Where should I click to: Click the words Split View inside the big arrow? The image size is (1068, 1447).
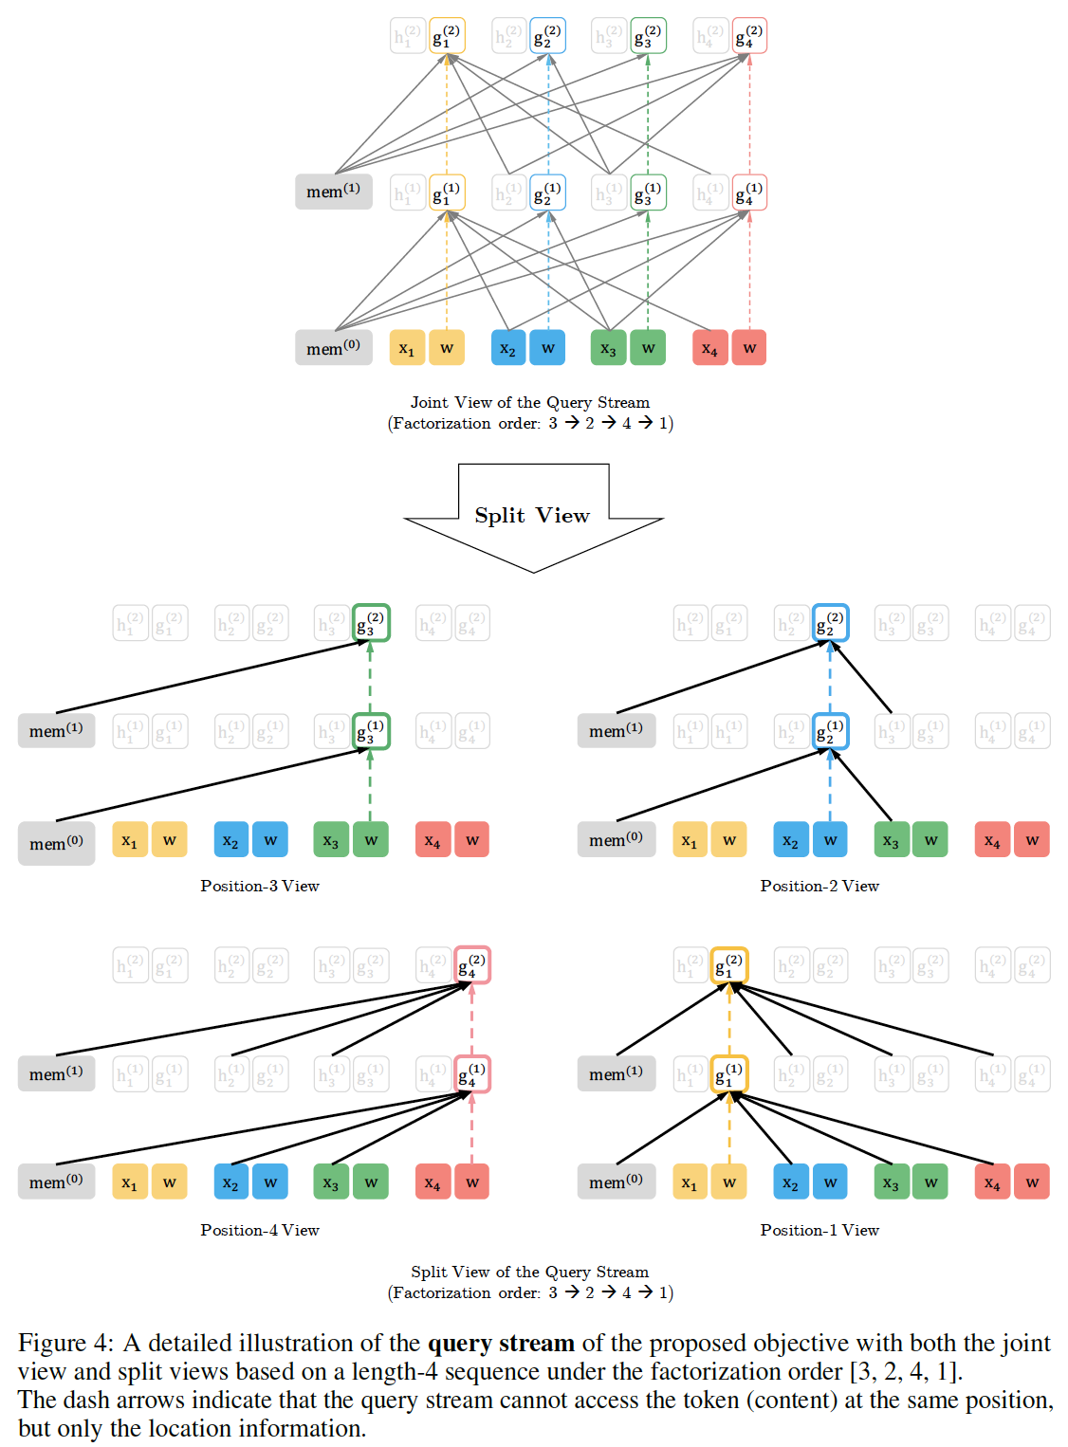(x=532, y=515)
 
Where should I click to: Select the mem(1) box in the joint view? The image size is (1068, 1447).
(x=333, y=192)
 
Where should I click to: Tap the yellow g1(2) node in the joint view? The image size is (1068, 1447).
(x=447, y=36)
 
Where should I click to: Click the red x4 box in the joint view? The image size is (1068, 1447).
(x=710, y=348)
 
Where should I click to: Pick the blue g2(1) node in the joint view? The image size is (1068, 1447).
(x=547, y=192)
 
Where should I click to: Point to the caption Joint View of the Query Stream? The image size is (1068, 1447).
(x=529, y=402)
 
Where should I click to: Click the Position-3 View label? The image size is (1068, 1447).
(x=260, y=886)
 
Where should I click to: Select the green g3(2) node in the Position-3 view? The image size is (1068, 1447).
(x=371, y=623)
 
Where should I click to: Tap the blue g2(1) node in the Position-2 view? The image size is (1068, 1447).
(x=830, y=731)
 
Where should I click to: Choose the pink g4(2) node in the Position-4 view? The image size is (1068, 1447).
(x=472, y=965)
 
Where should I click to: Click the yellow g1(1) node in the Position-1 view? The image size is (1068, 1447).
(x=729, y=1074)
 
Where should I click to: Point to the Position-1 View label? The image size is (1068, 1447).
(x=819, y=1230)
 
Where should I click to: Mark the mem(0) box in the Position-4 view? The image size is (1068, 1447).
(x=56, y=1182)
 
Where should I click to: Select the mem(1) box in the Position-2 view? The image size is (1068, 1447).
(x=617, y=731)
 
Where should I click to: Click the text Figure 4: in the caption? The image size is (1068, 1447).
(x=65, y=1344)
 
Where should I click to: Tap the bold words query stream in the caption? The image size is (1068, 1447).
(x=501, y=1344)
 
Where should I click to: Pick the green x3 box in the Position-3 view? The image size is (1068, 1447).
(x=331, y=840)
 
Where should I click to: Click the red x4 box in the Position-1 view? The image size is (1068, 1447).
(x=992, y=1182)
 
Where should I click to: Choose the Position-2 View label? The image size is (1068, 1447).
(x=819, y=886)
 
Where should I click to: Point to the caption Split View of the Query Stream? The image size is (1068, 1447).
(x=529, y=1272)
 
